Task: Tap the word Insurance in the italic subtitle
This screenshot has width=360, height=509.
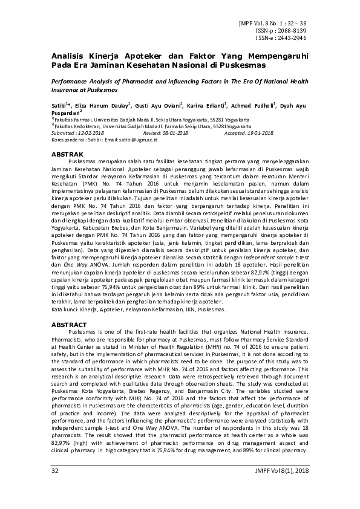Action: point(65,89)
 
